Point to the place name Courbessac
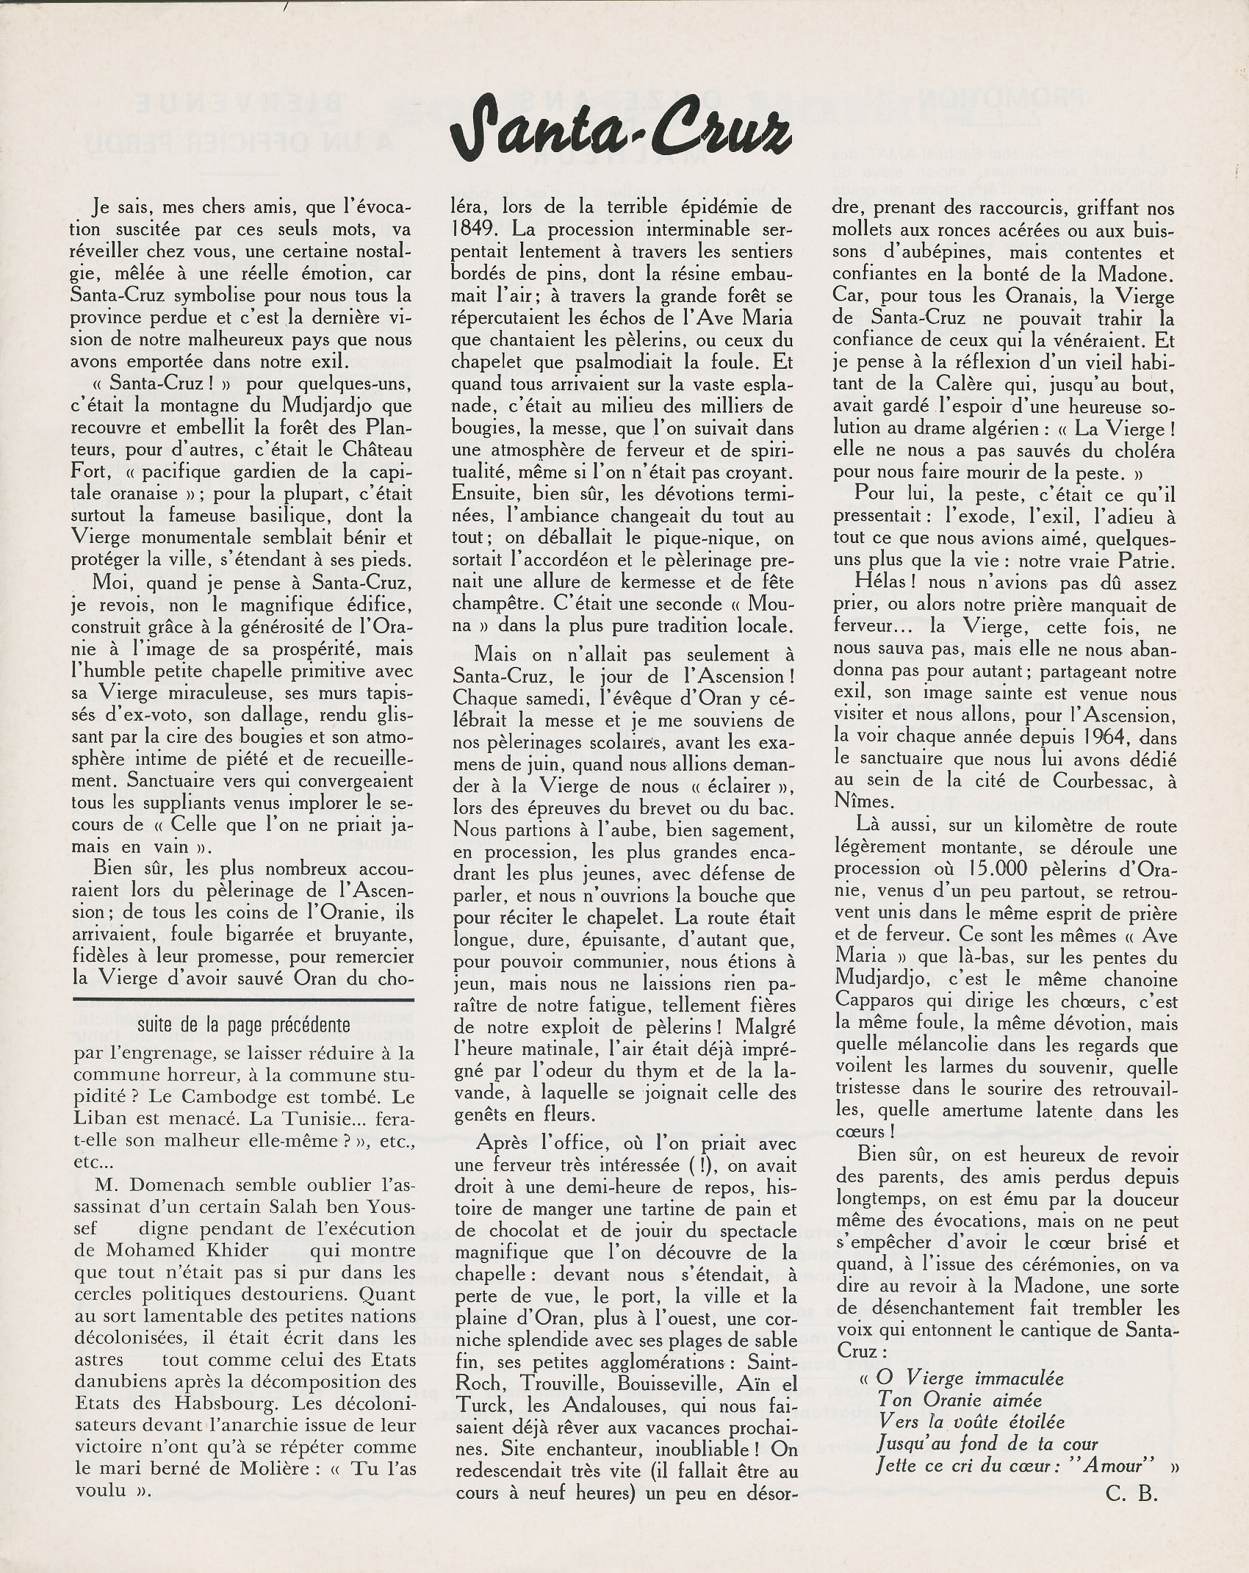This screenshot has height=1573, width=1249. (x=1073, y=782)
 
